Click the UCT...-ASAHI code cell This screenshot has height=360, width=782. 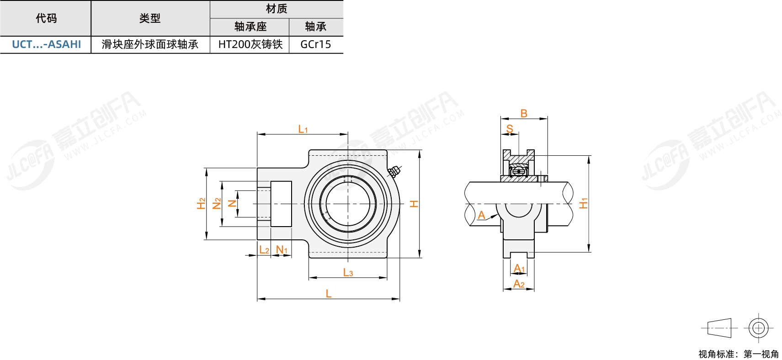[x=46, y=44]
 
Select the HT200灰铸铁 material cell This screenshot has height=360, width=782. [x=250, y=44]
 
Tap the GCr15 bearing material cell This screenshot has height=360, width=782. [x=316, y=44]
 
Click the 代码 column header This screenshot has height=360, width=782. [x=46, y=18]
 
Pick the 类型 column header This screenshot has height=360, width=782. [x=150, y=18]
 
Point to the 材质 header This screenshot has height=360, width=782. [x=277, y=9]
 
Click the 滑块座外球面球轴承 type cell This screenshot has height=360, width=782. [x=150, y=44]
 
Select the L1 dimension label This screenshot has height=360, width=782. [x=303, y=129]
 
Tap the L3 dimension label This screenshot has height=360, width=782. [x=348, y=272]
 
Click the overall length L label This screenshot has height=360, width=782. [x=329, y=294]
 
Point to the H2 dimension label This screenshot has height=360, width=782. [x=201, y=203]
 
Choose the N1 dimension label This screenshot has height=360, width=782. [x=282, y=250]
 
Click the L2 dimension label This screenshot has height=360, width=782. [x=264, y=250]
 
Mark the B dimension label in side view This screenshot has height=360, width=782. [x=524, y=113]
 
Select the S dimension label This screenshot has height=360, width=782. [x=510, y=129]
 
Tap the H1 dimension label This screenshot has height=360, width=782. [x=583, y=203]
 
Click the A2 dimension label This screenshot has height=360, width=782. [x=519, y=284]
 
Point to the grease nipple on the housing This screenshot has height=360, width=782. [x=394, y=172]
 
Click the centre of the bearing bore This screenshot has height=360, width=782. [x=348, y=204]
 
